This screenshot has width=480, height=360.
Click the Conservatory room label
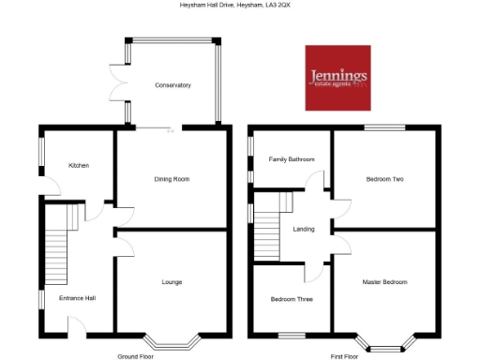tap(173, 85)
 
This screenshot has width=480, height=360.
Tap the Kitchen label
tap(79, 166)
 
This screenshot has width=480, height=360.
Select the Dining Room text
tap(172, 178)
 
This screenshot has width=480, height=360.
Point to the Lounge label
tap(172, 281)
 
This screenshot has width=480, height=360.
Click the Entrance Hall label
tap(78, 299)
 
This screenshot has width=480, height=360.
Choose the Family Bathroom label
tap(292, 159)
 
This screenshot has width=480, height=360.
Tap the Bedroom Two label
tap(384, 178)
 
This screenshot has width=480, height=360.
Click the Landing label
tap(304, 229)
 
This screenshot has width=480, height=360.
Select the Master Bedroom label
tap(384, 281)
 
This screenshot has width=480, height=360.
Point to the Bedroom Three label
tap(292, 299)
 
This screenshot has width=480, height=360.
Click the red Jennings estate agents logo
tap(337, 77)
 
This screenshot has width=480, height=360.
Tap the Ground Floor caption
tap(135, 356)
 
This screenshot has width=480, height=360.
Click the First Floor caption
tap(346, 356)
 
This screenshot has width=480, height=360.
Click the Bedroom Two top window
tap(384, 127)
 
